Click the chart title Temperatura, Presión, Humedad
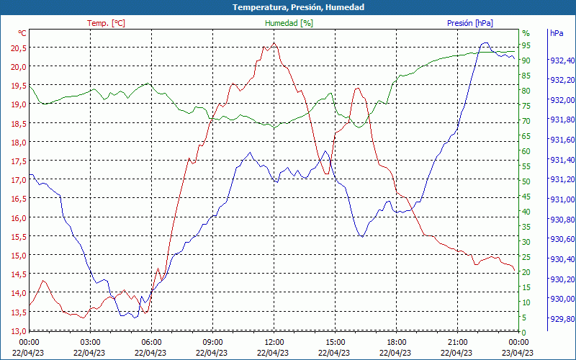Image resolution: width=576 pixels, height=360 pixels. (288, 7)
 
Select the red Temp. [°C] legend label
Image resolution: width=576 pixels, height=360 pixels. (106, 23)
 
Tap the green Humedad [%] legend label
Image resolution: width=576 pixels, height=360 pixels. (289, 23)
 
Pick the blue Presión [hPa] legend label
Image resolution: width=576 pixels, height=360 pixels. (470, 23)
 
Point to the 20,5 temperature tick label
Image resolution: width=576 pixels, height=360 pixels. (17, 48)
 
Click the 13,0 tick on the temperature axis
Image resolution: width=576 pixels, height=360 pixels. (17, 330)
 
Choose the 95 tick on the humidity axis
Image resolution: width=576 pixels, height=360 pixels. (526, 45)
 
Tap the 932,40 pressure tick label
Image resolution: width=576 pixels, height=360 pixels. (562, 60)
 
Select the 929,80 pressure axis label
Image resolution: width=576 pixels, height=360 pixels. (562, 319)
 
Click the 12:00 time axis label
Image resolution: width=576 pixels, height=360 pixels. (274, 341)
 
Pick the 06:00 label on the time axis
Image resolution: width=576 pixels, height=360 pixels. (151, 341)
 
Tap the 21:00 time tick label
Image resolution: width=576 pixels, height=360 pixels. (458, 341)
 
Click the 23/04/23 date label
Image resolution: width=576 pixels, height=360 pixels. (518, 352)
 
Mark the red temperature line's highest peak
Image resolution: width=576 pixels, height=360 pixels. (274, 43)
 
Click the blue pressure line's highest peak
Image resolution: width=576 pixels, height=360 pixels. (485, 43)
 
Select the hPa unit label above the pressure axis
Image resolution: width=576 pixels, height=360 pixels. (556, 33)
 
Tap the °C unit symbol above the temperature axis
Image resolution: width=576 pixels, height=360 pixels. (22, 33)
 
